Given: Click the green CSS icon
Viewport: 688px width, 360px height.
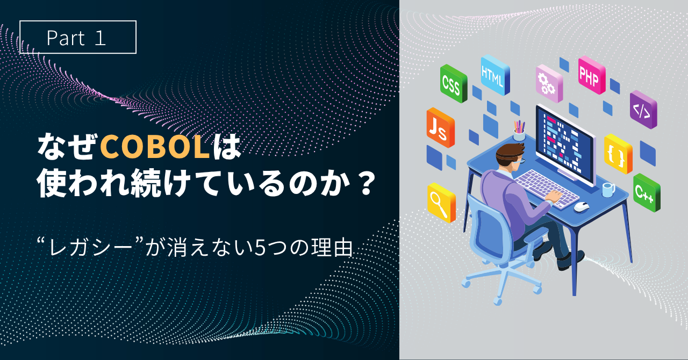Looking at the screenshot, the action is tap(453, 83).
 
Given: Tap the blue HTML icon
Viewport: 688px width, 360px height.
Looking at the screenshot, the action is tap(495, 75).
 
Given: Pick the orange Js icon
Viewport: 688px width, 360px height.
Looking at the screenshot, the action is tap(440, 127).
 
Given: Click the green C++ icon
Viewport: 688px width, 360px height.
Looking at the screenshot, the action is tap(647, 192).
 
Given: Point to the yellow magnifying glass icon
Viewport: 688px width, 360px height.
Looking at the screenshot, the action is tap(441, 203).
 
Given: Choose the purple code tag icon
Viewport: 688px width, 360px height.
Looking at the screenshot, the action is tap(643, 110).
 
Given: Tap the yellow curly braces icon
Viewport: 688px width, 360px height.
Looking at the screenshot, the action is tap(618, 154).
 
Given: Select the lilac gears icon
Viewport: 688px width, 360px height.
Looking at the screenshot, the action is tap(549, 83).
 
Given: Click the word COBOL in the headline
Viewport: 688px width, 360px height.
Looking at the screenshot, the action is tap(155, 147).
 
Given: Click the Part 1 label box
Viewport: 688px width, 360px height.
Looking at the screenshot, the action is tap(78, 37).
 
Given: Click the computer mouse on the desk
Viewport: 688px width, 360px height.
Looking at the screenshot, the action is tap(582, 206).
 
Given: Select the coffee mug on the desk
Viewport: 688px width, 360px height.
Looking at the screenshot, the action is tap(608, 190).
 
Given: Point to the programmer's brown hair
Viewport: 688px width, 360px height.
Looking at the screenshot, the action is tap(509, 153).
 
